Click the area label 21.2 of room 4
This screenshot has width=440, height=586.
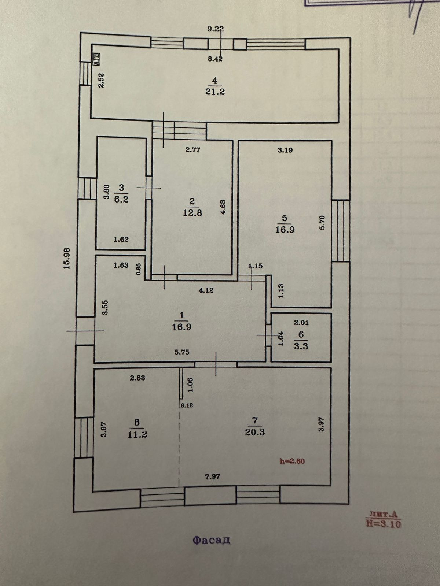click(215, 92)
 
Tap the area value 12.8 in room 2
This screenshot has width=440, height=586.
click(192, 213)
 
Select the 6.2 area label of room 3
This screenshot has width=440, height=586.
click(121, 200)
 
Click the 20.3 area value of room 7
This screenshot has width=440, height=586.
click(255, 432)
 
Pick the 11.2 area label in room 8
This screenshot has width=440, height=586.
click(137, 434)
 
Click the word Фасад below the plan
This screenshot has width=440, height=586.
click(212, 540)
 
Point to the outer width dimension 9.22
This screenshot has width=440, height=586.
click(215, 29)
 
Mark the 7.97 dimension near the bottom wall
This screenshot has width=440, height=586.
click(213, 476)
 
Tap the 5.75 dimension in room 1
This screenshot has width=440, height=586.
click(182, 352)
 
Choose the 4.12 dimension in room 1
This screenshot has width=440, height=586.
click(206, 291)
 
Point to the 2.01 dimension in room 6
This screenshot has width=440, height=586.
click(301, 323)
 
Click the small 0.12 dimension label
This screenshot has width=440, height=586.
click(187, 405)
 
